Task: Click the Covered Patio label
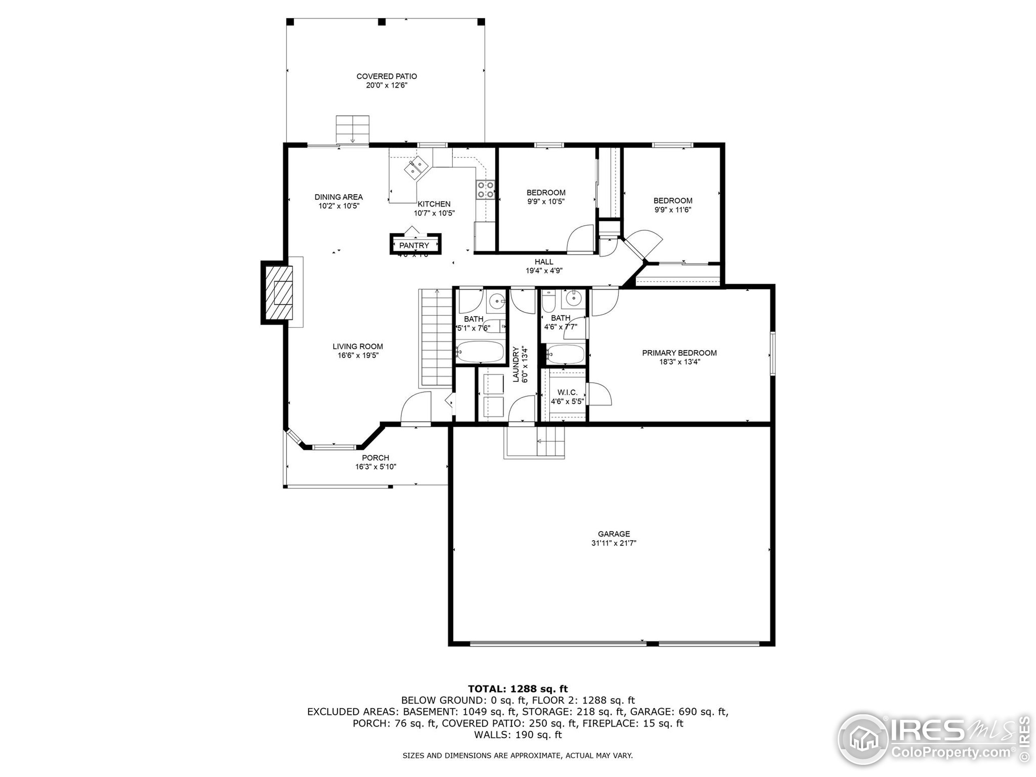pos(386,76)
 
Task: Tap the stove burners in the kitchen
pos(485,190)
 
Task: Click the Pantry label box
pos(414,245)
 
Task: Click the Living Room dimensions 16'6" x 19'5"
pos(358,355)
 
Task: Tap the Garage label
pos(614,534)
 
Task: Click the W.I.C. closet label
pos(567,393)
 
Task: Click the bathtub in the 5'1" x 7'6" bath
pos(480,352)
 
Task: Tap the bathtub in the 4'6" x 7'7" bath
pos(565,354)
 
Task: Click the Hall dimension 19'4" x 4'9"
pos(544,271)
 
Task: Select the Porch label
pos(376,458)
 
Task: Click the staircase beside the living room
pos(435,337)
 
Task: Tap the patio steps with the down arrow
pos(352,129)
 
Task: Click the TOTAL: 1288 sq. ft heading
pos(518,688)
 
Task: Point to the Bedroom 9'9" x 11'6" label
pos(673,201)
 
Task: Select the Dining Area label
pos(339,197)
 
